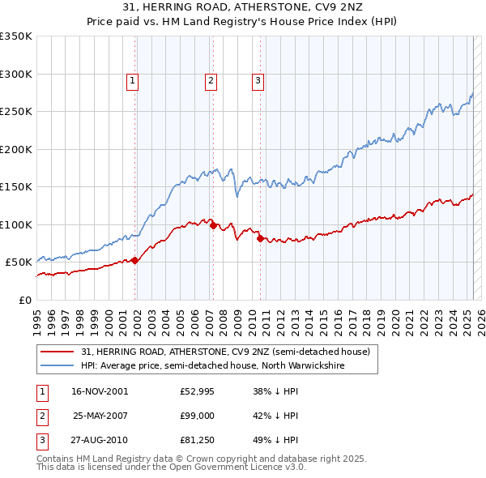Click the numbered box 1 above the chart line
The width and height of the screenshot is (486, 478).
(x=132, y=80)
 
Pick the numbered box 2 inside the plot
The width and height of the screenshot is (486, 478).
(x=210, y=80)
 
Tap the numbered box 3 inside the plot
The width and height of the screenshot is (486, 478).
(x=258, y=80)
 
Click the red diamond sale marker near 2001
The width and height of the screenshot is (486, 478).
(x=135, y=260)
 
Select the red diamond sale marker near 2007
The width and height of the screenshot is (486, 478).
(x=213, y=226)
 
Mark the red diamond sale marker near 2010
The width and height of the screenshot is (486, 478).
(x=260, y=238)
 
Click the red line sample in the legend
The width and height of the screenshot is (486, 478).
(x=58, y=352)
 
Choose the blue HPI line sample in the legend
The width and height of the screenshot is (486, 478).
(x=58, y=365)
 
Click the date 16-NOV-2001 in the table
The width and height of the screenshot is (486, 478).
(x=99, y=391)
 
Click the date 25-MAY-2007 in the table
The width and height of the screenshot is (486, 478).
(x=99, y=415)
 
